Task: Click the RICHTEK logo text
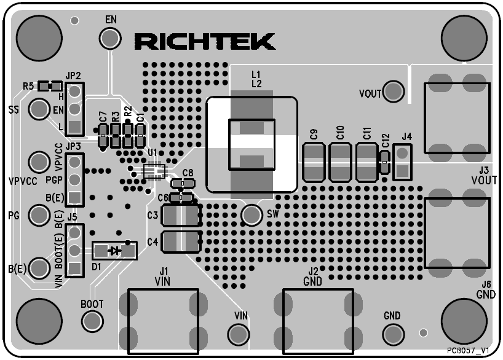pos(204,41)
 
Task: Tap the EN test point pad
pos(111,39)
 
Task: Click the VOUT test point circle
pos(394,92)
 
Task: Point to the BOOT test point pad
pos(92,320)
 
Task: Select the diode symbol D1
pos(114,250)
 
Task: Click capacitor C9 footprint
pos(314,162)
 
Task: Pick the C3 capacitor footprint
pos(181,215)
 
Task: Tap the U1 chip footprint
pos(154,170)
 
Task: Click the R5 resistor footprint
pos(49,86)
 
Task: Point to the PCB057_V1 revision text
pos(468,350)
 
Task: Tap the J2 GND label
pos(314,276)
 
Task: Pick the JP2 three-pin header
pos(75,109)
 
